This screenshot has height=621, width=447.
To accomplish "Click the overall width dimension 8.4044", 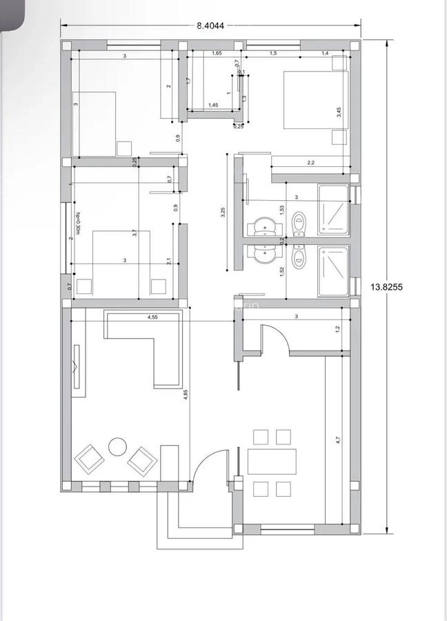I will coord(210,26).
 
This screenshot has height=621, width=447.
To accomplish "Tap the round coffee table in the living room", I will coord(117,446).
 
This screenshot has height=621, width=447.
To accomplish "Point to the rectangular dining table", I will coord(272,462).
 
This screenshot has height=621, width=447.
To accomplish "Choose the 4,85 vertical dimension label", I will coord(186,395).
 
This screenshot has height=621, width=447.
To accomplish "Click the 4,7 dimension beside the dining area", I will coord(338,439).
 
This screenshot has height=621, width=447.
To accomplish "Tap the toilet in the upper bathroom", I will coord(299,222).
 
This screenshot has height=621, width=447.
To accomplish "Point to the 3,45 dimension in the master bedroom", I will coord(339,112).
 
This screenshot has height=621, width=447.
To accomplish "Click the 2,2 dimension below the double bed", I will coord(310,163).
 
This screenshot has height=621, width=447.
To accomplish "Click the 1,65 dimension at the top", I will coord(217,53).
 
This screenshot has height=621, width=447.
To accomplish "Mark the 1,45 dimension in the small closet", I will coord(213,105).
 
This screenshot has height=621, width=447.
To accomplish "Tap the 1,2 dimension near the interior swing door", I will coord(337,329).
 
